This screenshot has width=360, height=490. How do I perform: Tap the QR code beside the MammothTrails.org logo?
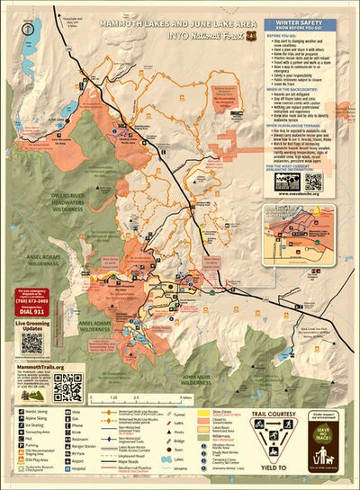coord(67,386)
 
